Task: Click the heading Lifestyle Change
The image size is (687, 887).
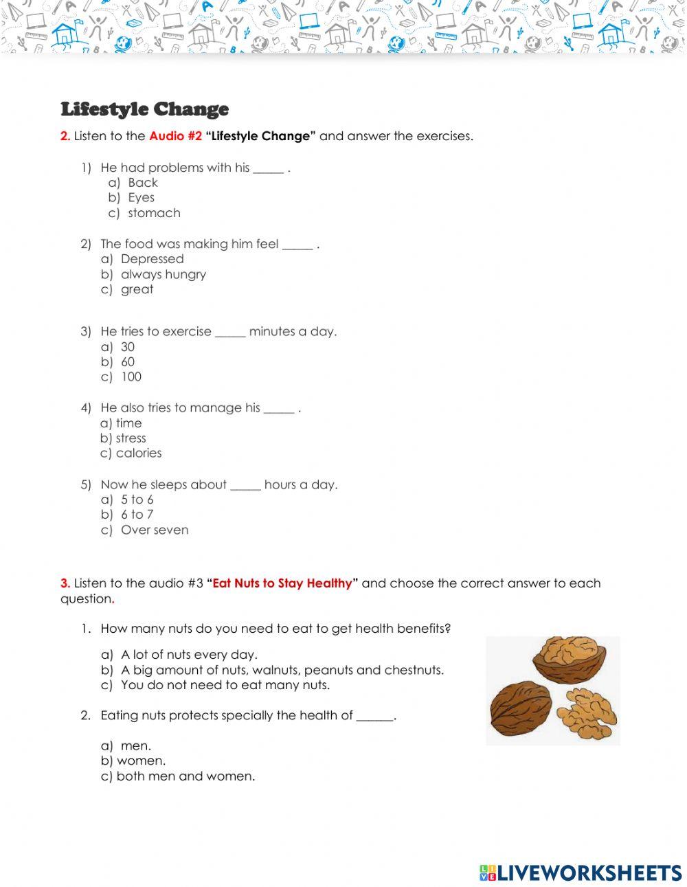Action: click(144, 109)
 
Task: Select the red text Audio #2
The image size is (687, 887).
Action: click(175, 136)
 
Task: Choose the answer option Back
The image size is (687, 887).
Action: click(142, 183)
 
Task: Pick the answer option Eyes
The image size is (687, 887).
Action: click(141, 198)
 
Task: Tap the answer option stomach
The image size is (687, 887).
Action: click(154, 213)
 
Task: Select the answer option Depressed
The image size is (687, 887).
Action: click(152, 259)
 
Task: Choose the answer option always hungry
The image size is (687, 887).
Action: click(163, 274)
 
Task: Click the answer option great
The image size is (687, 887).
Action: click(137, 289)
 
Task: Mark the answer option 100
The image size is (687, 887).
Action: click(131, 377)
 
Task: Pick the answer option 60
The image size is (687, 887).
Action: click(128, 362)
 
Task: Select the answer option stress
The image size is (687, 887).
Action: click(131, 438)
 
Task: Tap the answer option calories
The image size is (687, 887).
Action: click(139, 453)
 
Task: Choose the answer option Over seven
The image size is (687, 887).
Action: click(154, 530)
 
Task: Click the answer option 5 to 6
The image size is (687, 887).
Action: click(137, 499)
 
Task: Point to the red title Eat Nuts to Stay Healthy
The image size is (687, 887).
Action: click(282, 584)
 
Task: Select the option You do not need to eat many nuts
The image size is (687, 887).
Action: click(225, 685)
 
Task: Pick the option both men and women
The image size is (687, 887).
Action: click(185, 776)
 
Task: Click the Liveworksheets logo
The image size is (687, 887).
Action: click(581, 873)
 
